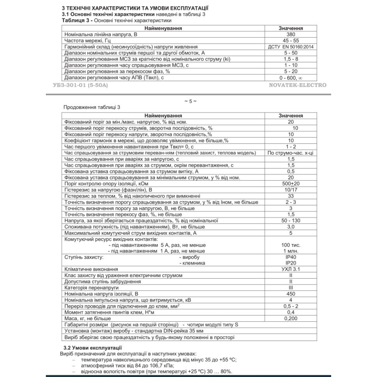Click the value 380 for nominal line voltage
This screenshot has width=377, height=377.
[x=291, y=35]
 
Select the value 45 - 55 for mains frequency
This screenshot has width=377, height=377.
[x=291, y=41]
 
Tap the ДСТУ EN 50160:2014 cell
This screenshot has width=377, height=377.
[x=291, y=47]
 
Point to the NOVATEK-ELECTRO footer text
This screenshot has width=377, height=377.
[x=298, y=85]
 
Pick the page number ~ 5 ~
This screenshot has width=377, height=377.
[x=190, y=101]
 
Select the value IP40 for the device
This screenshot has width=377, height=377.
[x=291, y=257]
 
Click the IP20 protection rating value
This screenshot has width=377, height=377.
[x=291, y=263]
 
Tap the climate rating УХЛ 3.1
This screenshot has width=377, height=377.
[x=291, y=269]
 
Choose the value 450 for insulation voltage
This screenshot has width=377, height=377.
[x=291, y=294]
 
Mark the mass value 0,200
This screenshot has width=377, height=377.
[x=291, y=318]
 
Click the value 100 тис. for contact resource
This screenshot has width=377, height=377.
[x=291, y=245]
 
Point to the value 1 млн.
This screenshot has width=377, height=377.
[x=291, y=251]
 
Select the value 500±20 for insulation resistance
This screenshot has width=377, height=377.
[x=291, y=183]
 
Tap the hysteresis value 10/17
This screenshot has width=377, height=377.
[x=291, y=190]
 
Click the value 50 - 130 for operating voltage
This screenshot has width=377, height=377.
[x=291, y=221]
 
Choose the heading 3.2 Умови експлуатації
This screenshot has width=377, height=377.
[x=92, y=348]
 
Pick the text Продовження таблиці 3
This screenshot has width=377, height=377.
[x=92, y=107]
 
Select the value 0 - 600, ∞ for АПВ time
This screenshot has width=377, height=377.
[x=291, y=78]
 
